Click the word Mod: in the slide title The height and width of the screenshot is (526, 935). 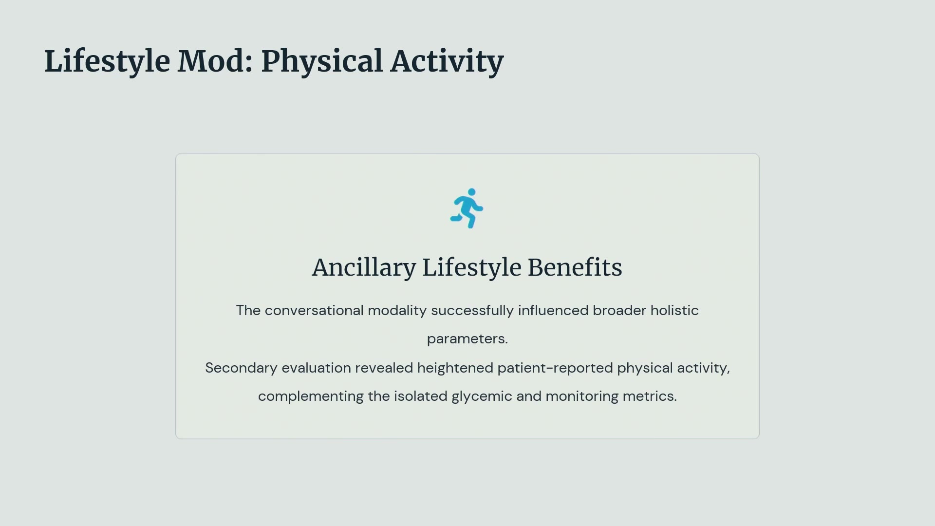[215, 61]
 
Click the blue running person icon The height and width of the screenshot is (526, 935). [467, 208]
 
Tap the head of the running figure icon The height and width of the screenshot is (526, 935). [471, 192]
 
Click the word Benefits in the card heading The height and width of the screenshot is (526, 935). [575, 267]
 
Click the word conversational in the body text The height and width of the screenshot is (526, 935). [314, 311]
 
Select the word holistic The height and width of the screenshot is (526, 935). [674, 311]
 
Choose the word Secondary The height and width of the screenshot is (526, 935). [241, 368]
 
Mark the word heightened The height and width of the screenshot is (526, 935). [455, 368]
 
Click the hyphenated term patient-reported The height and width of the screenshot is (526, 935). [555, 368]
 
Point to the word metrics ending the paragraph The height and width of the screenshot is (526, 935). [648, 396]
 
